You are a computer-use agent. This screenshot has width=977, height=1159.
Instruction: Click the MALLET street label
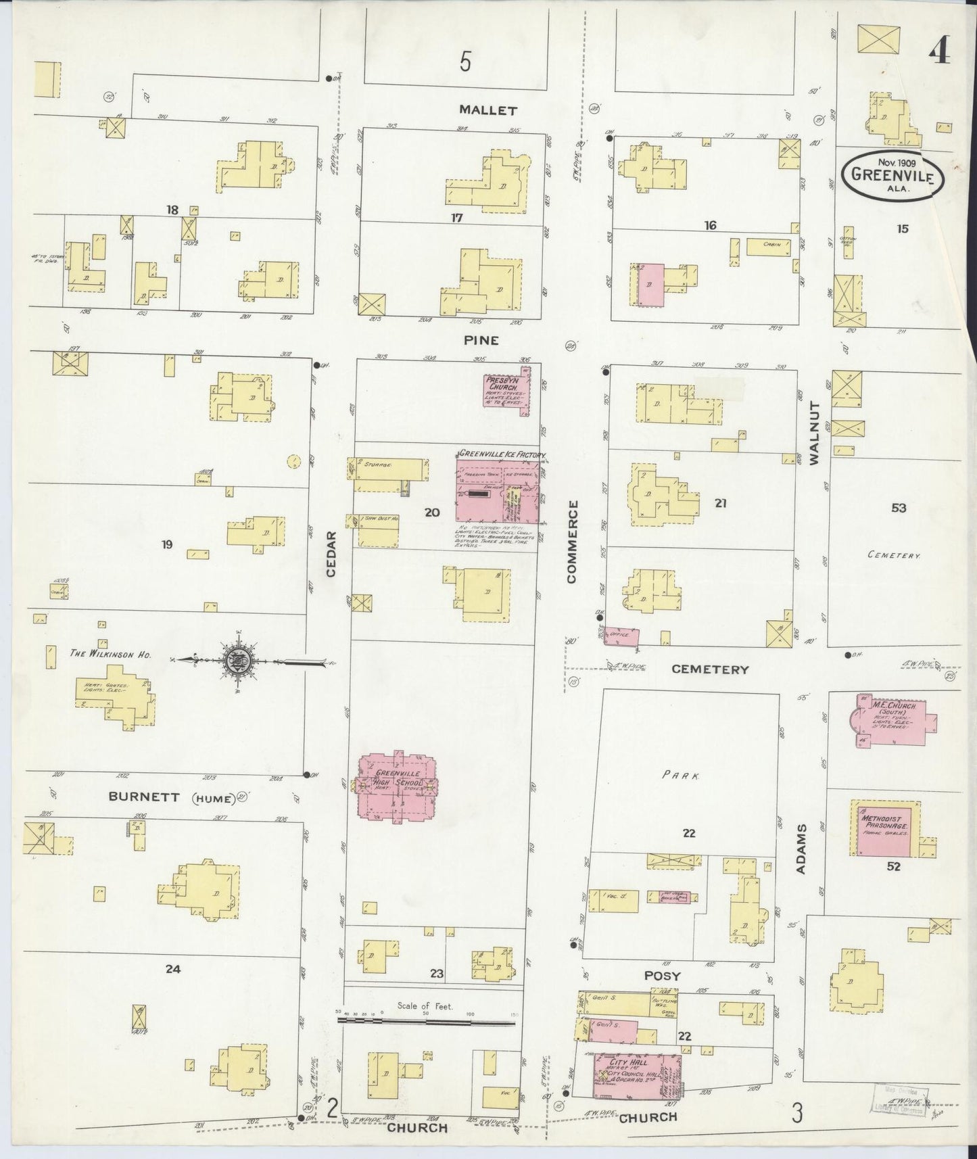[487, 110]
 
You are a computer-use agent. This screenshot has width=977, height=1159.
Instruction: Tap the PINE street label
[481, 340]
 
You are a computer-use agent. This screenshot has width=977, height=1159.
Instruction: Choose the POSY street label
[662, 976]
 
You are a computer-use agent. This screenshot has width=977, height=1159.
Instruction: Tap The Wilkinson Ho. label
[110, 654]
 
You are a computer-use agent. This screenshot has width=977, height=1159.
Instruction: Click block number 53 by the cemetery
[898, 507]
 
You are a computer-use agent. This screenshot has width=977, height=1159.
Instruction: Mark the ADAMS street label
[801, 849]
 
